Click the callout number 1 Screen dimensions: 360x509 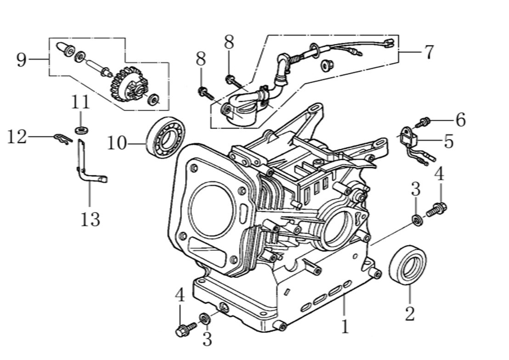(x=345, y=326)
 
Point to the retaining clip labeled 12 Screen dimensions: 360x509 (x=63, y=138)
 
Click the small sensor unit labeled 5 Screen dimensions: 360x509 (x=408, y=137)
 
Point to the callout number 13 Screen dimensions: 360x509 (x=90, y=219)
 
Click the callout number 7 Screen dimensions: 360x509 (x=428, y=52)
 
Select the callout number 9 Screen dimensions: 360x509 (x=21, y=60)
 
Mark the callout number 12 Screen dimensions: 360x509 (x=17, y=137)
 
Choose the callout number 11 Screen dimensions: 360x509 (x=81, y=102)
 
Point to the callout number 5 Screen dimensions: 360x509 (x=448, y=141)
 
